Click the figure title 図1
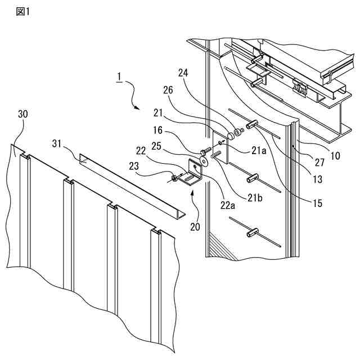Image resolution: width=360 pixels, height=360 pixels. pyautogui.click(x=23, y=11)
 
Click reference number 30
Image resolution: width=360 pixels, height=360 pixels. pyautogui.click(x=23, y=114)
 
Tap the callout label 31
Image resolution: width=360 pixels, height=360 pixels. pyautogui.click(x=57, y=144)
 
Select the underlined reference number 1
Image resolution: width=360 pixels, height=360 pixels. pyautogui.click(x=119, y=77)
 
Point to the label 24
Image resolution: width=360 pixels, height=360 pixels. pyautogui.click(x=183, y=73)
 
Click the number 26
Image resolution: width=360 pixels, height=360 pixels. pyautogui.click(x=168, y=90)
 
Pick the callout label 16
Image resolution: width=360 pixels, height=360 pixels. pyautogui.click(x=157, y=130)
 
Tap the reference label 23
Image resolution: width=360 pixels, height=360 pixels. pyautogui.click(x=134, y=166)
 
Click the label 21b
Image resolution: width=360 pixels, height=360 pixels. pyautogui.click(x=255, y=197)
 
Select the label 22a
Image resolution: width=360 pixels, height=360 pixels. pyautogui.click(x=227, y=205)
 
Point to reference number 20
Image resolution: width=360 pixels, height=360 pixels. pyautogui.click(x=195, y=227)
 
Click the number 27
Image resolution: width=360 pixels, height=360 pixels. pyautogui.click(x=319, y=163)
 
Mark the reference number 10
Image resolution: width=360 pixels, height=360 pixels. pyautogui.click(x=335, y=156)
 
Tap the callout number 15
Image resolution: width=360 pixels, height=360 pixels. pyautogui.click(x=317, y=203)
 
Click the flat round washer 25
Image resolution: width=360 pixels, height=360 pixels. pyautogui.click(x=204, y=161)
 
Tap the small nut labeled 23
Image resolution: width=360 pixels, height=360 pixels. pyautogui.click(x=174, y=178)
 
